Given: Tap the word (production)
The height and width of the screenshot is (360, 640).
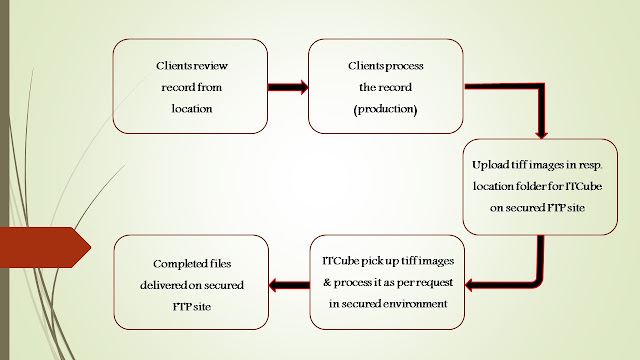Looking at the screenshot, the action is tap(385, 109).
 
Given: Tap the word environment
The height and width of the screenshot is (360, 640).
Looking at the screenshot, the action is tap(415, 304).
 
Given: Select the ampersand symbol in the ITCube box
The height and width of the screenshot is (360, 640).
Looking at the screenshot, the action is tap(327, 282).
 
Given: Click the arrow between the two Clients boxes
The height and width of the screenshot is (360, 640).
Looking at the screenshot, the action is tap(288, 87).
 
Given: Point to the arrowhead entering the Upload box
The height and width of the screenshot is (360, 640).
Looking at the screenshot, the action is tap(541, 134).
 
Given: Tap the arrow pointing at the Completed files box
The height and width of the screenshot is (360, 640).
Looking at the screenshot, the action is tap(289, 285).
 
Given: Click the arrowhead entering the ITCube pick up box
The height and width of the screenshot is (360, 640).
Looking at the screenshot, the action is tap(469, 285).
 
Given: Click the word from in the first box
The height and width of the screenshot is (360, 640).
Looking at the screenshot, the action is tap(209, 87).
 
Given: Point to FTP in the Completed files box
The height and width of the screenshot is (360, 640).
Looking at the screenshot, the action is tap(181, 307).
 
